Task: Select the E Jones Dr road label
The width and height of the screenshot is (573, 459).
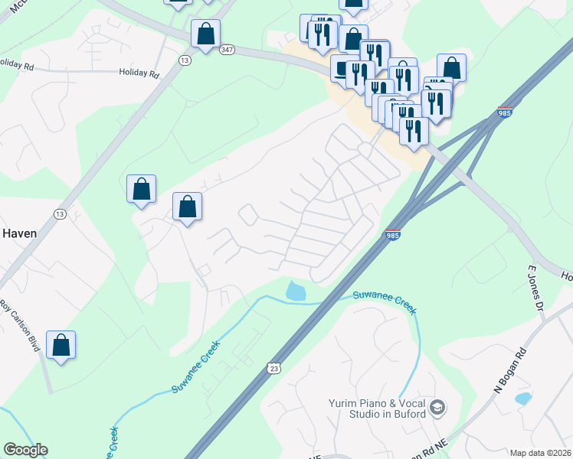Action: (534, 288)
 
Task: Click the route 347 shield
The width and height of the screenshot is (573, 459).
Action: (226, 49)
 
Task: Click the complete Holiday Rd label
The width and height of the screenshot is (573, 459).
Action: (139, 74)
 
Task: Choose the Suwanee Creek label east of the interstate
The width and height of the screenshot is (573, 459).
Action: (385, 300)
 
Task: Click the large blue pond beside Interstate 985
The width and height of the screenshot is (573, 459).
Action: (296, 291)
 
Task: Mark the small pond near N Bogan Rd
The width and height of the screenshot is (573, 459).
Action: (523, 399)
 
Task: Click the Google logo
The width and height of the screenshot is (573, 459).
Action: (25, 450)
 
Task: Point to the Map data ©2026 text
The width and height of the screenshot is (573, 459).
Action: (539, 453)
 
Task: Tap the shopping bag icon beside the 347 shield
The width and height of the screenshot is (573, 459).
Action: (205, 34)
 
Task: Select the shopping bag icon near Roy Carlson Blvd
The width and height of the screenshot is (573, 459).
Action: (61, 346)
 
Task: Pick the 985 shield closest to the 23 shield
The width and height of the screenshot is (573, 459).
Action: (391, 236)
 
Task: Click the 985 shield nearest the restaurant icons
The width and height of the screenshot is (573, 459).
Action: (505, 112)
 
